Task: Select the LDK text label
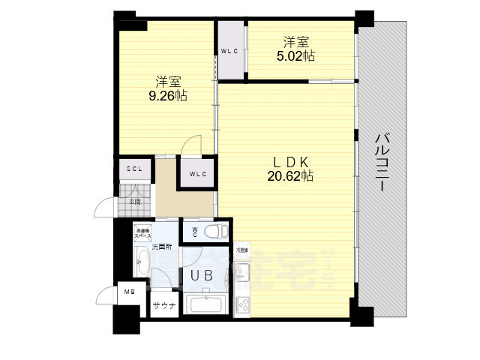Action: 291,161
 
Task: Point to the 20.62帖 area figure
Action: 291,176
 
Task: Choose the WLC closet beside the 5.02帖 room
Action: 229,51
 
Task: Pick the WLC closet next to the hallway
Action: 198,175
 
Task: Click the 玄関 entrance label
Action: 135,201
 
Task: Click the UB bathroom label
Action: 200,276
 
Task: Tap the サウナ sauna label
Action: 164,306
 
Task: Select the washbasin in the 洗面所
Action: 142,262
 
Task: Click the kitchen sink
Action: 243,270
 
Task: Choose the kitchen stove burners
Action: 243,304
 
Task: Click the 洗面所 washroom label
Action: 163,247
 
